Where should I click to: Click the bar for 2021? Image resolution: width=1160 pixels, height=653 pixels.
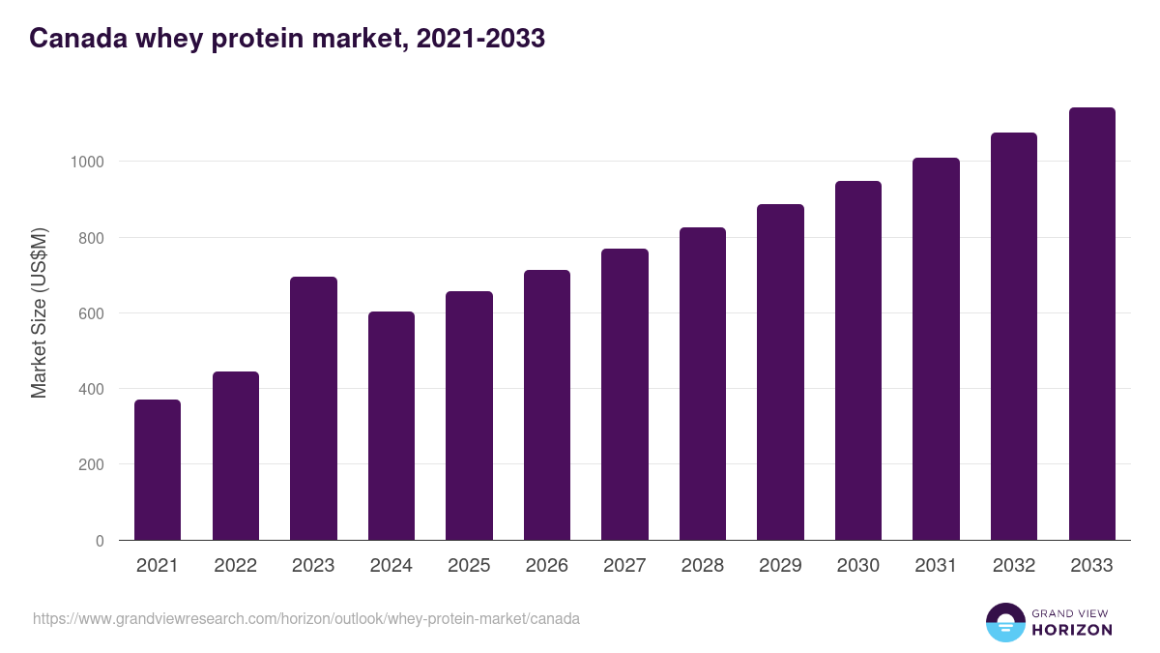click(x=158, y=470)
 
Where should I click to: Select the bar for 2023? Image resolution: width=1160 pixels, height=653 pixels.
click(x=313, y=408)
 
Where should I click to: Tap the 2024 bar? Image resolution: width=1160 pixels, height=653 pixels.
click(x=391, y=426)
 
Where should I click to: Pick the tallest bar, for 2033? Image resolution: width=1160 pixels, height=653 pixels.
click(x=1091, y=324)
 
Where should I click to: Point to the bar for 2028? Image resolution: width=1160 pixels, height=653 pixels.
click(x=703, y=384)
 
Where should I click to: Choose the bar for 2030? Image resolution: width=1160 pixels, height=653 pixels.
click(x=858, y=361)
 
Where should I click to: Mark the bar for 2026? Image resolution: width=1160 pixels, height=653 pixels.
click(x=547, y=405)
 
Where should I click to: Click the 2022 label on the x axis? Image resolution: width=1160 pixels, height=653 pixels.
click(x=236, y=566)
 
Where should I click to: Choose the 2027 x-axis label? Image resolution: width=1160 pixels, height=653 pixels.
click(x=624, y=566)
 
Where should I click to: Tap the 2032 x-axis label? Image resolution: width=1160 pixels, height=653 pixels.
click(x=1013, y=566)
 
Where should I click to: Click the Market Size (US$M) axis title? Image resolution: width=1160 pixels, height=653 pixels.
click(x=39, y=312)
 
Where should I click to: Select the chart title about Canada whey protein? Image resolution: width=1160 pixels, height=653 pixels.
click(x=287, y=39)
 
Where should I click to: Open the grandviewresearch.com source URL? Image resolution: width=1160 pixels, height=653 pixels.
click(x=306, y=618)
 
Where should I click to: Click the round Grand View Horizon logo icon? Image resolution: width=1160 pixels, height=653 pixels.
click(x=1005, y=623)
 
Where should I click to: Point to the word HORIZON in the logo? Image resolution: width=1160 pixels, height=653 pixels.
click(x=1073, y=630)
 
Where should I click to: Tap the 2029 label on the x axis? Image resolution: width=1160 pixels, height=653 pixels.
click(x=780, y=566)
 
